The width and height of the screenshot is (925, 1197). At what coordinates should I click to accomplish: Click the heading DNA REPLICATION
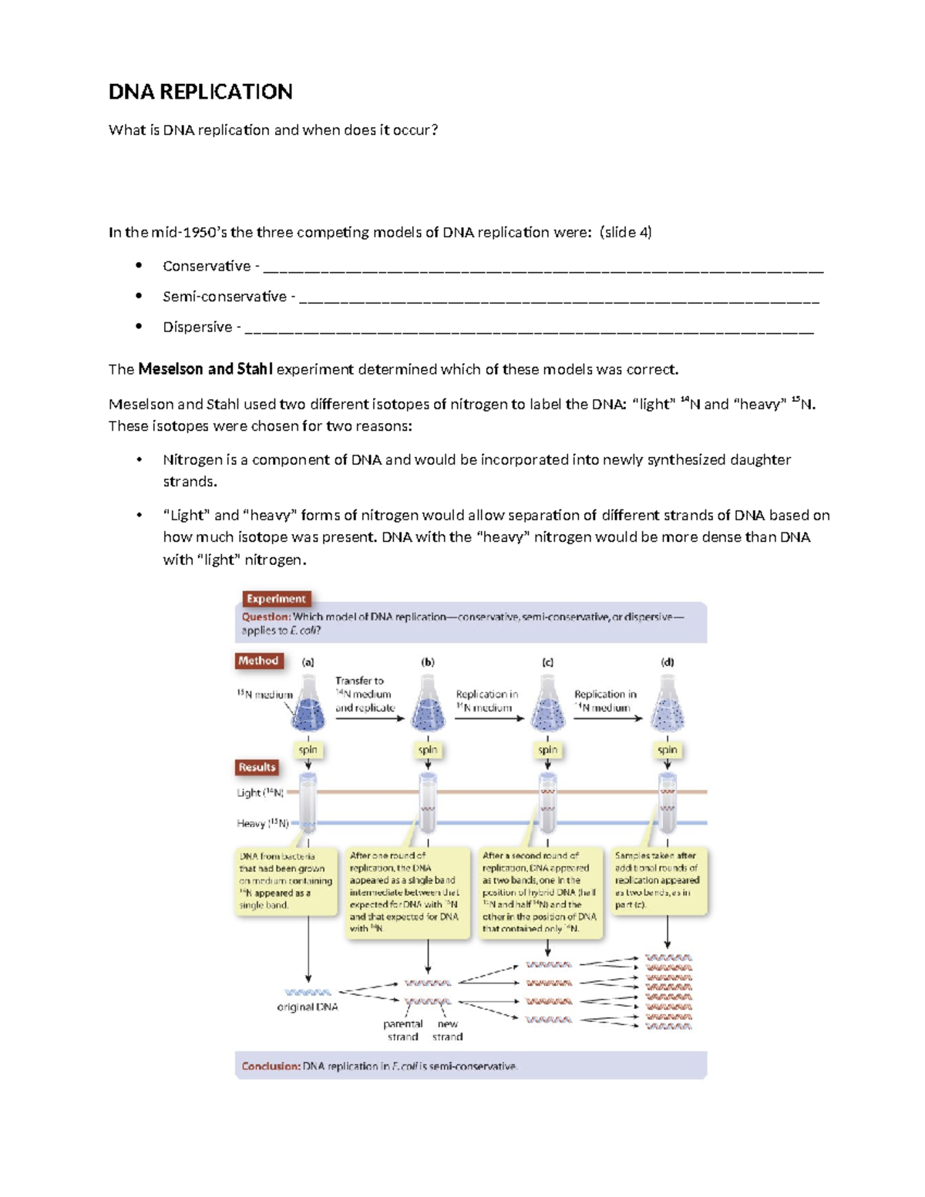click(200, 92)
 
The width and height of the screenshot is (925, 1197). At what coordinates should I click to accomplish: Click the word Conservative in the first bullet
click(207, 266)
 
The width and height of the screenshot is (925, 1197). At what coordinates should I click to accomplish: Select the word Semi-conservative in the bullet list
click(224, 297)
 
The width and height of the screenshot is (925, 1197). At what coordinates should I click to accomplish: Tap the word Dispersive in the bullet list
click(197, 327)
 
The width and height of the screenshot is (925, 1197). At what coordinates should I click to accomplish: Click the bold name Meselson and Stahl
click(205, 369)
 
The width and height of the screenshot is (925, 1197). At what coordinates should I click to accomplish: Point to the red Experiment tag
click(276, 599)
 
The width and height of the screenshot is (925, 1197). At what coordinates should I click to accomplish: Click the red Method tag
click(258, 661)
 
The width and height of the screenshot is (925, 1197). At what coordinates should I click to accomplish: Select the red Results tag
click(257, 767)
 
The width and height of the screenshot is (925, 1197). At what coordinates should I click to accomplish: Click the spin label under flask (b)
click(428, 749)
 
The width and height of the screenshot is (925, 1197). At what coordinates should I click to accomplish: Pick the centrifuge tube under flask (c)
click(547, 803)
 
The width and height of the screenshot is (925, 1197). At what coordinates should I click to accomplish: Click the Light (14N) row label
click(261, 792)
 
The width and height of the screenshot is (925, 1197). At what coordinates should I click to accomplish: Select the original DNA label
click(308, 1007)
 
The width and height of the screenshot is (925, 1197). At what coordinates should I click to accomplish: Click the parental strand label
click(403, 1030)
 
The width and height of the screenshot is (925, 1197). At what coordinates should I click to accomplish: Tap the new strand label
click(448, 1030)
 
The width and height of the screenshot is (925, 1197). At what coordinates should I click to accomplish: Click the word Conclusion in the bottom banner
click(271, 1066)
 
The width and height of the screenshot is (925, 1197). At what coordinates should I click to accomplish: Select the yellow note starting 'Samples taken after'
click(658, 880)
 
